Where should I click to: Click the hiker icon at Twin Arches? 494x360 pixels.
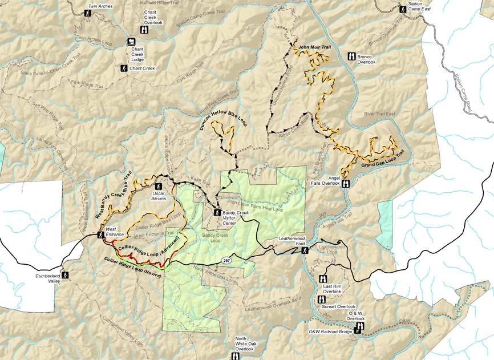click(x=88, y=13)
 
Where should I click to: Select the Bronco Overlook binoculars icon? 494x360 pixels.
click(x=351, y=56)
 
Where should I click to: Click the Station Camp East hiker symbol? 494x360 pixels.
click(x=401, y=7)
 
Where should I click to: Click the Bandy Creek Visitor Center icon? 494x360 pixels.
click(x=217, y=213)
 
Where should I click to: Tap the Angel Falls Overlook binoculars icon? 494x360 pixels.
click(x=346, y=184)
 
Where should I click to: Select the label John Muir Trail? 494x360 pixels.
click(x=314, y=46)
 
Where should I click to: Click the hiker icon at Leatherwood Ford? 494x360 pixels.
click(x=305, y=250)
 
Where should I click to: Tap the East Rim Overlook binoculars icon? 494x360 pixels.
click(x=322, y=279)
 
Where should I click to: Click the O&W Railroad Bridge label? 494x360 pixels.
click(x=331, y=331)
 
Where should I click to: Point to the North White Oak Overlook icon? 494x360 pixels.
click(x=235, y=356)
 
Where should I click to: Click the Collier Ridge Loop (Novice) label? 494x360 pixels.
click(x=132, y=268)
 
